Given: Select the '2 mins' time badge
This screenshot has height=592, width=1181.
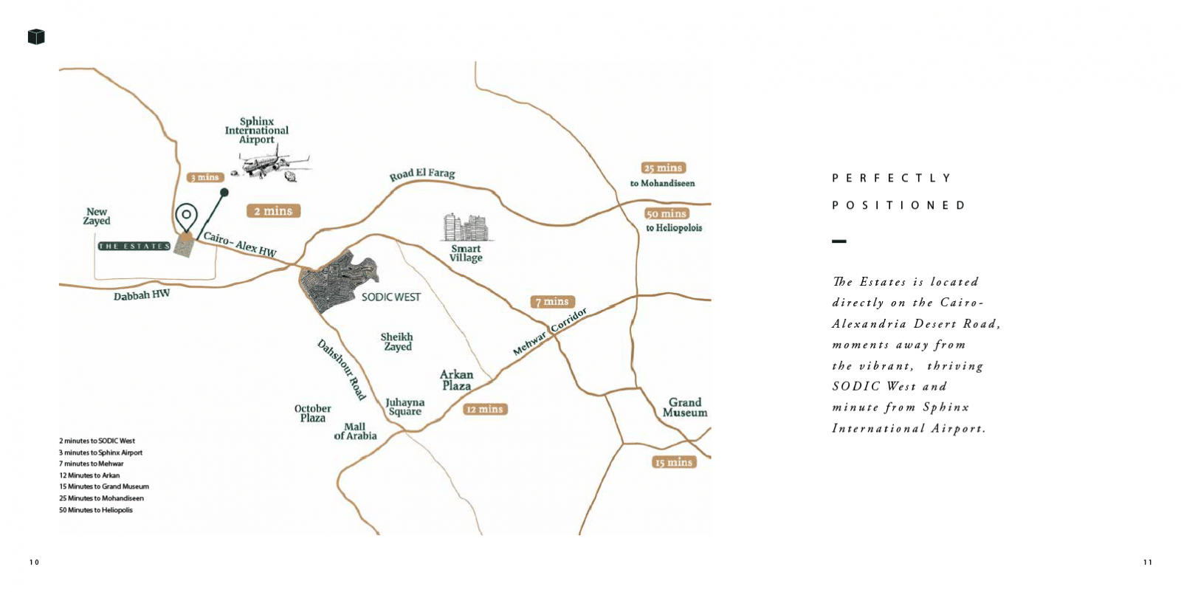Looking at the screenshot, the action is coord(273,211).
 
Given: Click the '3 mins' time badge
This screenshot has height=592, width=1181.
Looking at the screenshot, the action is coord(205,177).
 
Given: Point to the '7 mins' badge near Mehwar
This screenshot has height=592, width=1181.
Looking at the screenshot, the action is coord(552,301).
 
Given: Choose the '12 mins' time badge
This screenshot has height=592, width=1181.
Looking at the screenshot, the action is coord(485,409).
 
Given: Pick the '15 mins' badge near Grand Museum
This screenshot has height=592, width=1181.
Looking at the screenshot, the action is coord(674,462).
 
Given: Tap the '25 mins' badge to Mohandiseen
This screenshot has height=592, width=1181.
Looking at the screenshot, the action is coord(664,168).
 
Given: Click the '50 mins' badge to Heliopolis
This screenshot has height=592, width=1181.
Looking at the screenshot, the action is coord(667,213).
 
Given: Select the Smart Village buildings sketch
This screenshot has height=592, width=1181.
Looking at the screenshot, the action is coord(466,227).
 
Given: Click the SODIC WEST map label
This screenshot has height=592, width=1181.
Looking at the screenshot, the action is coord(391,297).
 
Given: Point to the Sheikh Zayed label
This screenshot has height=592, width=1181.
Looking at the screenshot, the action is coord(397,342).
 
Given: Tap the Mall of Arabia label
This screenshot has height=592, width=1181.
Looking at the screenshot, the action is coord(355,431).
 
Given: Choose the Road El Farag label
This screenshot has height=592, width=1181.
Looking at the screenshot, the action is coord(422,174).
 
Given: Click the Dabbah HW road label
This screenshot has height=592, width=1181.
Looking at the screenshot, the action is coord(142,295).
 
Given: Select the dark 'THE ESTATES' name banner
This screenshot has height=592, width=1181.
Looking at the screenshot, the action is coord(134,247).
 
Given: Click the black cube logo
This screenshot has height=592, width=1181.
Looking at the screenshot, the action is coord(36,37).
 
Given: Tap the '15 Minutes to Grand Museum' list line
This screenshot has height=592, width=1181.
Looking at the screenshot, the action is coord(104,486).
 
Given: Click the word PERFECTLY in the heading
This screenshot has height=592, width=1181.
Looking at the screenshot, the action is coord(891,178).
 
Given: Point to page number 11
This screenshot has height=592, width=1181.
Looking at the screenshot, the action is coord(1148,562).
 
